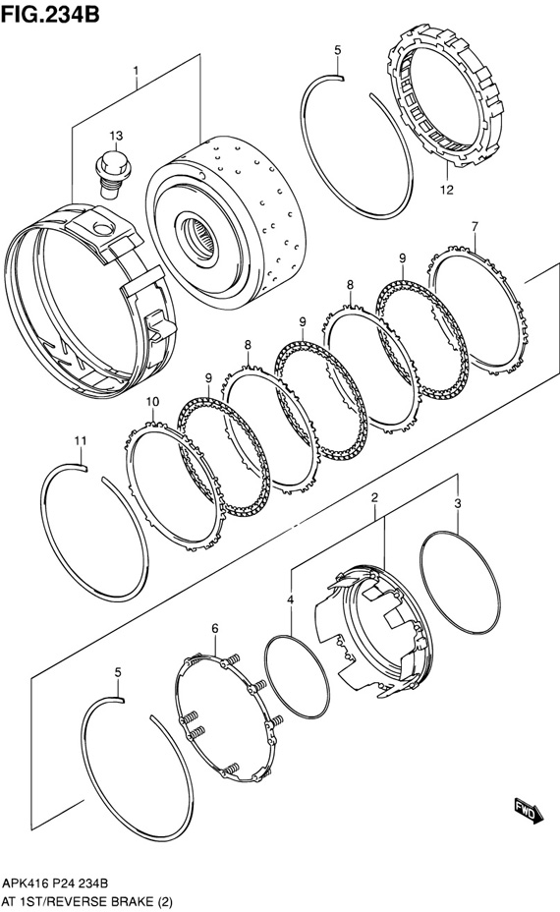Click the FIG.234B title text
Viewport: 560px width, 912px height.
click(x=50, y=12)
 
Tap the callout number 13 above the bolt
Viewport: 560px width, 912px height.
click(x=116, y=136)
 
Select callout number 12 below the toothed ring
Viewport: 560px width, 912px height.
click(x=447, y=190)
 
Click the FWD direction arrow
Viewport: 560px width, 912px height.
click(x=528, y=811)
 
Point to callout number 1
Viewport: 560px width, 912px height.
click(x=136, y=71)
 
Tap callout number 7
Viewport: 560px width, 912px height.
click(x=475, y=226)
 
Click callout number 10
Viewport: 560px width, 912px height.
click(x=152, y=401)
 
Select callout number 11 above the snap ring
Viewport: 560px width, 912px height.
click(x=81, y=441)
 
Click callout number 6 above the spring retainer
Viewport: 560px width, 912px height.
click(x=214, y=628)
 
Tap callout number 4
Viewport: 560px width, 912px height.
click(x=290, y=599)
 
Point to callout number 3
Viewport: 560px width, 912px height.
click(x=458, y=504)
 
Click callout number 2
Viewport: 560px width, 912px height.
click(x=374, y=497)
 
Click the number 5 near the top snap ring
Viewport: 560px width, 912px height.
click(x=337, y=50)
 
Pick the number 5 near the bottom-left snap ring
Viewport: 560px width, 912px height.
click(x=118, y=672)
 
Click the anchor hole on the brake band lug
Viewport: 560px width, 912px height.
click(x=102, y=228)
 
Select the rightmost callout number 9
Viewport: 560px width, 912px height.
click(x=402, y=258)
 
